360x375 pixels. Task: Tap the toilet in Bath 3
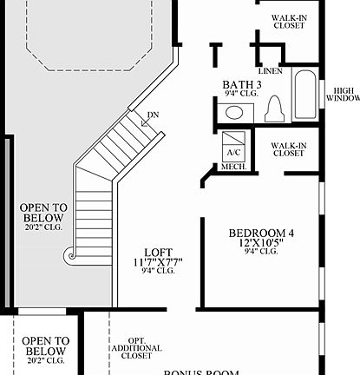(x=276, y=108)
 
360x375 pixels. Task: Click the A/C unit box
(x=233, y=145)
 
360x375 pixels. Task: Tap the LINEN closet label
(x=270, y=71)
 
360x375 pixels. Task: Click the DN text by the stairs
(x=153, y=115)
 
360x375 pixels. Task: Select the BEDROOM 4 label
(x=261, y=233)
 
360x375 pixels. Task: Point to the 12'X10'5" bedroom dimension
(x=261, y=243)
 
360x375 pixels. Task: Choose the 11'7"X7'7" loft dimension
(x=158, y=261)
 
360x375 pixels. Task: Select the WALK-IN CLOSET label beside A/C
(x=288, y=149)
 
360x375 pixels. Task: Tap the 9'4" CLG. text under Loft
(x=158, y=271)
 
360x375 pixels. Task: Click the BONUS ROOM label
(x=202, y=372)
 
